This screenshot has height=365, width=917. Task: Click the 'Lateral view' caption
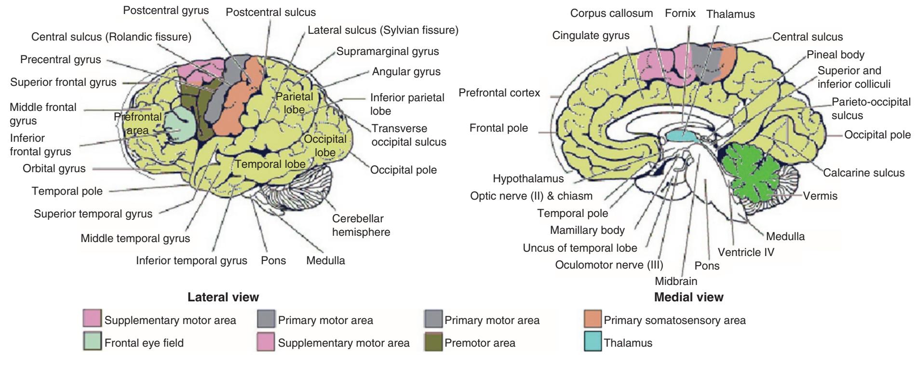[x=223, y=297]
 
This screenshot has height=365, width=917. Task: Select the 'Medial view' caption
[x=688, y=297]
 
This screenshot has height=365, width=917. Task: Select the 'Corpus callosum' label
[x=611, y=13]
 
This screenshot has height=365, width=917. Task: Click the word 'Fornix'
[x=680, y=13]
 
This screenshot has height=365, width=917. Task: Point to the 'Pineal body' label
[x=836, y=54]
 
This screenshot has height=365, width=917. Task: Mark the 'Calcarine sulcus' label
[x=863, y=173]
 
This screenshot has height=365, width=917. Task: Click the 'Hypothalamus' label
[x=528, y=179]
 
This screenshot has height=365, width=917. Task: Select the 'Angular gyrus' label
[x=406, y=72]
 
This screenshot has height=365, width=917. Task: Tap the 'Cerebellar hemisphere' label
[x=361, y=225]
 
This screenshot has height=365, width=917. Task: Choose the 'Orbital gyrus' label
[x=54, y=169]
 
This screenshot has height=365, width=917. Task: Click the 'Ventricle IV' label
[x=745, y=252]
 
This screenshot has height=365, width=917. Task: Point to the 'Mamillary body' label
[x=587, y=230]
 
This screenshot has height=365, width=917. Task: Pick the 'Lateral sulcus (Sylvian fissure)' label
[x=383, y=30]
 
